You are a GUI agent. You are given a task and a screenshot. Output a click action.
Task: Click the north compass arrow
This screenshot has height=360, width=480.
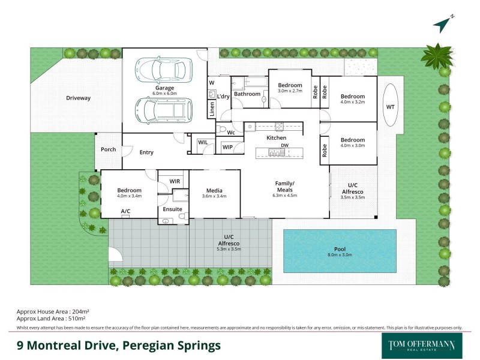tap(441, 25)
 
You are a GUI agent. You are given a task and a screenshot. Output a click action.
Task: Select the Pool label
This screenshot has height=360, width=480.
tap(339, 249)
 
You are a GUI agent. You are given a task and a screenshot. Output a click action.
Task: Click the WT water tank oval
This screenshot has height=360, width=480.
tap(391, 107)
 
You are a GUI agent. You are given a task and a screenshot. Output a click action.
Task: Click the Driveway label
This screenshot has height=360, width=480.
tap(78, 98)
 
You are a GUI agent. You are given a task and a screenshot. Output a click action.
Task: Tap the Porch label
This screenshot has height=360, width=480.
tap(108, 149)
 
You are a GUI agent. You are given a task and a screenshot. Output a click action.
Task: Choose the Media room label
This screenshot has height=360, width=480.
tap(214, 189)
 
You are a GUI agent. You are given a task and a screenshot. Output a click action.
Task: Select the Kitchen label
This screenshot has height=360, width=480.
tap(277, 138)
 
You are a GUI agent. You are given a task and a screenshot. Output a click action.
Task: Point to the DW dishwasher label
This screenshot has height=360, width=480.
tap(284, 146)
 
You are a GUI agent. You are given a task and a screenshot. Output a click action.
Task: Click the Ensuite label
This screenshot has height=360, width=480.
tap(172, 209)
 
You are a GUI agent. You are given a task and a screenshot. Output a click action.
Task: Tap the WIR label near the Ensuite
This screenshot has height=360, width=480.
tap(175, 181)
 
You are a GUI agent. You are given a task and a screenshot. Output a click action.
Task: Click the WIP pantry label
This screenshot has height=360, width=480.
tap(227, 147)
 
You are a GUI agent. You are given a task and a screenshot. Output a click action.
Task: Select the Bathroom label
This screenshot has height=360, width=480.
tap(247, 94)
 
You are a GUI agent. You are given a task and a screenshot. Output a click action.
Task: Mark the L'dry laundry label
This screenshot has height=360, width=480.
tap(223, 96)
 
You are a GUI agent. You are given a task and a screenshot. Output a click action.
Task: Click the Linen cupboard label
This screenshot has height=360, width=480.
tap(212, 109)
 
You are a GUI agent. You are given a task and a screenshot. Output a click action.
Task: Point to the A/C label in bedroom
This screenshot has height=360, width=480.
tap(126, 211)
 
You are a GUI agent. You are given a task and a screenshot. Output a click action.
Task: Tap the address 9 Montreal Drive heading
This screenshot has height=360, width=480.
tap(118, 346)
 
